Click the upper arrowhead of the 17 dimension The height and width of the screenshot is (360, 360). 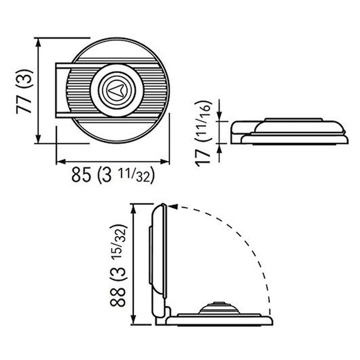click(220, 116)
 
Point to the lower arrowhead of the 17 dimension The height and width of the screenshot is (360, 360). click(220, 148)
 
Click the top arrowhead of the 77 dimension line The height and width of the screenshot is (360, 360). click(39, 41)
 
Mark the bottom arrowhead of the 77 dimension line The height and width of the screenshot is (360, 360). click(39, 140)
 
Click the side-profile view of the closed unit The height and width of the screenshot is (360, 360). click(287, 131)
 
